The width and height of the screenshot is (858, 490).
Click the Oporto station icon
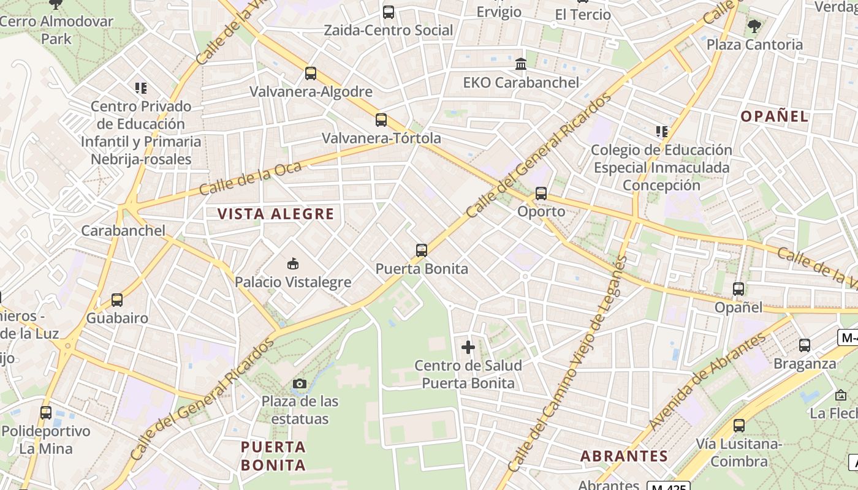[x=541, y=194]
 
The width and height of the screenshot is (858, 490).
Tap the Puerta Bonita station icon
[x=422, y=251]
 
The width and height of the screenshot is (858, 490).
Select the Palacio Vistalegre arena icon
[x=293, y=264]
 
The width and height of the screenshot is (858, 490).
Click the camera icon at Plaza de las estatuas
[x=300, y=384]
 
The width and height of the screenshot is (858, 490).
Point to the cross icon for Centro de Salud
[x=468, y=347]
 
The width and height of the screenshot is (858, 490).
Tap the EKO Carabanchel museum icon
[x=521, y=64]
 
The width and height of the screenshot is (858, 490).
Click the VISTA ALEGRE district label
[x=276, y=214]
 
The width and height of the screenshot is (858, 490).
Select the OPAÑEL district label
[x=775, y=116]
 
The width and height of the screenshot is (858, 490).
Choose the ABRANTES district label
[x=624, y=456]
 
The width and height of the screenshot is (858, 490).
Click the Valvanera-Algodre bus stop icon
[x=311, y=73]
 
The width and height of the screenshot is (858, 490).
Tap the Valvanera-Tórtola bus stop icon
[x=381, y=120]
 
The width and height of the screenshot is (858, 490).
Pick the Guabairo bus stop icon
[x=117, y=300]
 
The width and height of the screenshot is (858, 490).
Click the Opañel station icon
[x=738, y=289]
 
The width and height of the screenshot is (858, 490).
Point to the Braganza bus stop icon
[x=805, y=345]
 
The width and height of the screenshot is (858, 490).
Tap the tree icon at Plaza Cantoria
[x=754, y=26]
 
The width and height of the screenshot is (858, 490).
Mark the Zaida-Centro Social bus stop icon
[x=389, y=12]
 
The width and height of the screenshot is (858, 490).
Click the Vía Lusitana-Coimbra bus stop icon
[x=739, y=426]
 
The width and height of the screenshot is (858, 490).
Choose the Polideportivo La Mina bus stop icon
[x=46, y=413]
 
